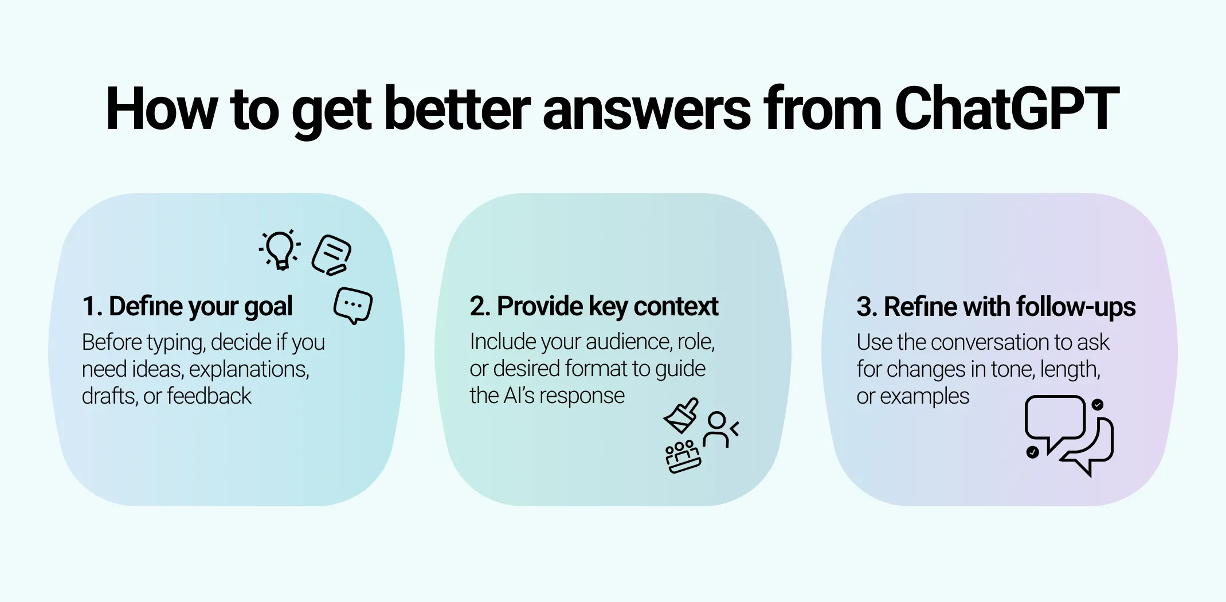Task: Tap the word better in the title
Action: [x=457, y=109]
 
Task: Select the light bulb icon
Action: [x=280, y=249]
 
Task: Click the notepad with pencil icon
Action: [x=332, y=255]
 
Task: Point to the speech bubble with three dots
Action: [x=353, y=305]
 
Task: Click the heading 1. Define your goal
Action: [x=187, y=306]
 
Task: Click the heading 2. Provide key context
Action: [x=594, y=306]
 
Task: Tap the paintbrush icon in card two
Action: [x=681, y=416]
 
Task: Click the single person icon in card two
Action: [x=720, y=429]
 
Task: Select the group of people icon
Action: [x=683, y=457]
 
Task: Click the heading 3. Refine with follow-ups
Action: [x=996, y=307]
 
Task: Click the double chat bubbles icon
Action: [x=1068, y=435]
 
